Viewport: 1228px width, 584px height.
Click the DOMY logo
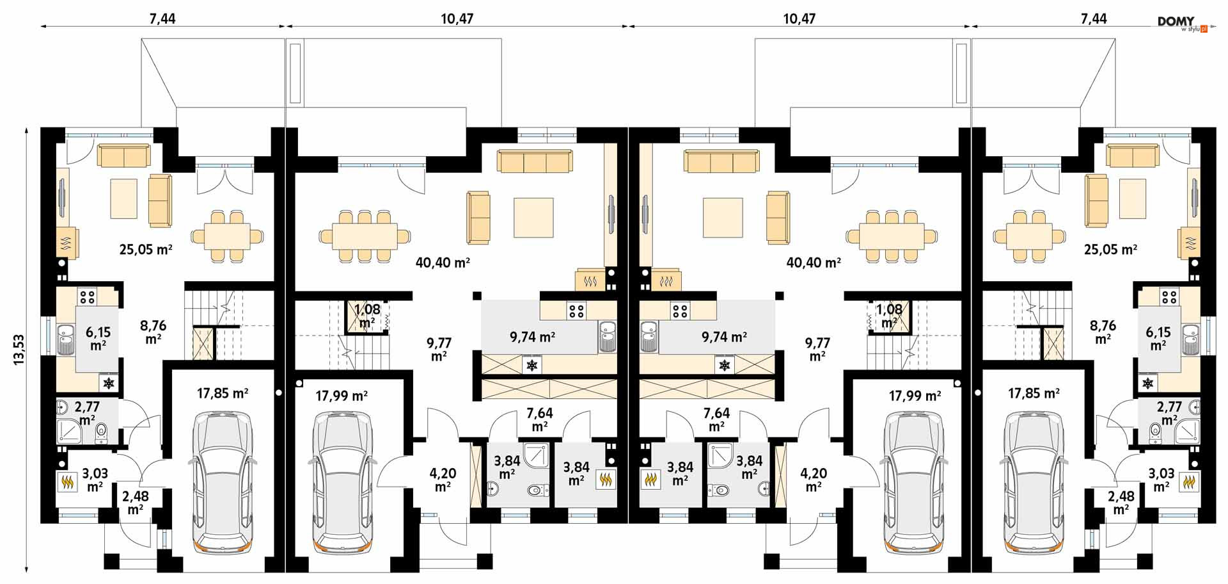[1182, 24]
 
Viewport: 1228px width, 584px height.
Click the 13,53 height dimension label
[18, 350]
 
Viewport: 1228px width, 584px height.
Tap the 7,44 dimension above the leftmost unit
[162, 19]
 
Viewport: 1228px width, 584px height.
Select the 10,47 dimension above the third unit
[799, 19]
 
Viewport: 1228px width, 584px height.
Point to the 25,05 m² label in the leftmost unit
[146, 249]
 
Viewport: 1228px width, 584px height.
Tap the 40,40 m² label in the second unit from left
[443, 263]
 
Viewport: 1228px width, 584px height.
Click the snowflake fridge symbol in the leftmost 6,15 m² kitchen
[109, 383]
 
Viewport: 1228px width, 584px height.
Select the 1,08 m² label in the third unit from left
[889, 316]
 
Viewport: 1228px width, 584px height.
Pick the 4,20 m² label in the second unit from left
[443, 480]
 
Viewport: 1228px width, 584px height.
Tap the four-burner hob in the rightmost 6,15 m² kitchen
[1169, 296]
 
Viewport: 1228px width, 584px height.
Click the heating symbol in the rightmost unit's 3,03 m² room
[1190, 482]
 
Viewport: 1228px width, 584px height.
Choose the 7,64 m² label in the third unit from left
[716, 419]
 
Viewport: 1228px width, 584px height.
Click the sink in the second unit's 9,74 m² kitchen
[608, 337]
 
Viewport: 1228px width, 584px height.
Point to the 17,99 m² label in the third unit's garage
[915, 396]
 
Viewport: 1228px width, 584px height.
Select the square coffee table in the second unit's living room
[533, 218]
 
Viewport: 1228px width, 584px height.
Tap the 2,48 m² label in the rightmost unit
[1121, 503]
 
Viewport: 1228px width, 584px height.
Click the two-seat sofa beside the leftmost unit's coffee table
[160, 200]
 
